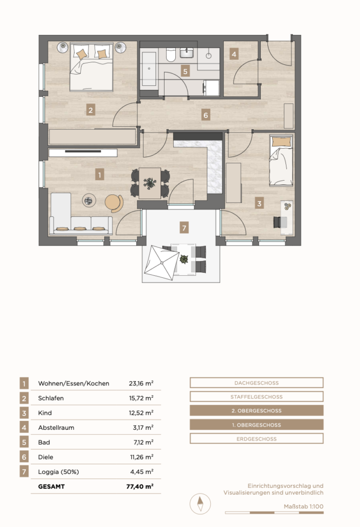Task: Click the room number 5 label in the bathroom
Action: coord(185,71)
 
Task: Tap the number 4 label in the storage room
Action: coord(233,54)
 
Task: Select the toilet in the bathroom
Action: coord(171,55)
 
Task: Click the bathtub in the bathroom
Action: coord(149,69)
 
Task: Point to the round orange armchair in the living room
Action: coord(114,203)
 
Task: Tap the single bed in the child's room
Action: coord(281,161)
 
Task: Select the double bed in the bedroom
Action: coord(92,66)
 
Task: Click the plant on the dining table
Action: coord(150,183)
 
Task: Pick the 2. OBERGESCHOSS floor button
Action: coord(257,411)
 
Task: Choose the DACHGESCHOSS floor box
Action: coord(257,383)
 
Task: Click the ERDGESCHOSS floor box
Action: coord(257,438)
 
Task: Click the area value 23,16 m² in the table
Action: coord(141,383)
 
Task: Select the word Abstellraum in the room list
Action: coord(56,428)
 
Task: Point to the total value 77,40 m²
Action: coord(140,486)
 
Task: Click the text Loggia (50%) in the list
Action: coord(59,472)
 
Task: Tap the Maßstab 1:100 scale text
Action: coord(303,506)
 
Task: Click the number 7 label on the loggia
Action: coord(184,227)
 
